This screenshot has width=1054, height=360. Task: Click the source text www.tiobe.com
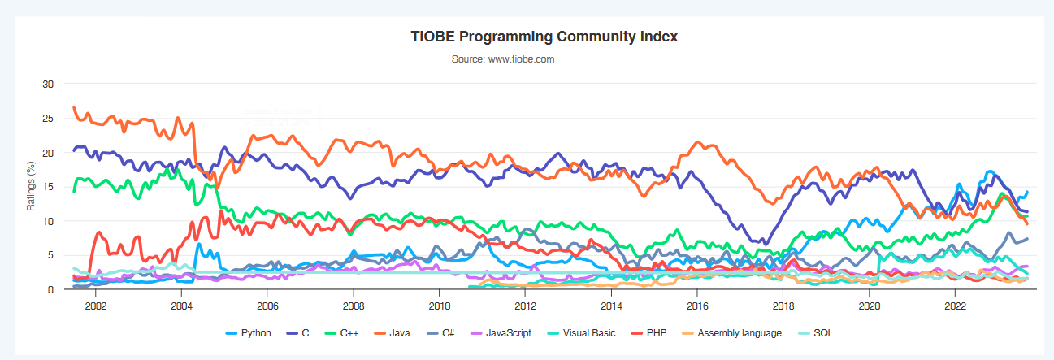point(502,59)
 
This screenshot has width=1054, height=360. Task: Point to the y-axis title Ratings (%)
point(32,186)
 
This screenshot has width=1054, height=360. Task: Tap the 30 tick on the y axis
point(48,84)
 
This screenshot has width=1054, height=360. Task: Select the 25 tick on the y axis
point(48,119)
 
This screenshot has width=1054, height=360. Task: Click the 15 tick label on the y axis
point(48,187)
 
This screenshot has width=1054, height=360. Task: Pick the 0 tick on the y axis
point(50,289)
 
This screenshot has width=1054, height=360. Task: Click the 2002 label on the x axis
point(95,306)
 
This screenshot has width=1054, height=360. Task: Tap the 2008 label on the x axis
point(354,306)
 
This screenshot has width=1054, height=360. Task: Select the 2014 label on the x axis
point(611,306)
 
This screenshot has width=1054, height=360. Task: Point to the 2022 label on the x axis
point(955,306)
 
